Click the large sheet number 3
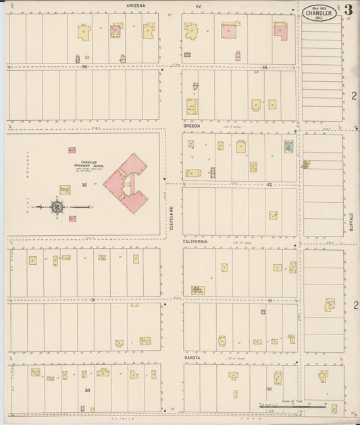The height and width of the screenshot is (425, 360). [347, 10]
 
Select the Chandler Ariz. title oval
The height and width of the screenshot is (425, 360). [319, 13]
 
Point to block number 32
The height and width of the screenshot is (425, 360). [84, 184]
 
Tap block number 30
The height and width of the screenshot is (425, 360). [86, 391]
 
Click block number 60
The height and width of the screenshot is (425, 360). [268, 389]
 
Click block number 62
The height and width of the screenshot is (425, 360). [268, 184]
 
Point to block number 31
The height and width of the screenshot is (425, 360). [93, 299]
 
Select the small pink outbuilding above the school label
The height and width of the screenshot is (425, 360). [72, 150]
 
